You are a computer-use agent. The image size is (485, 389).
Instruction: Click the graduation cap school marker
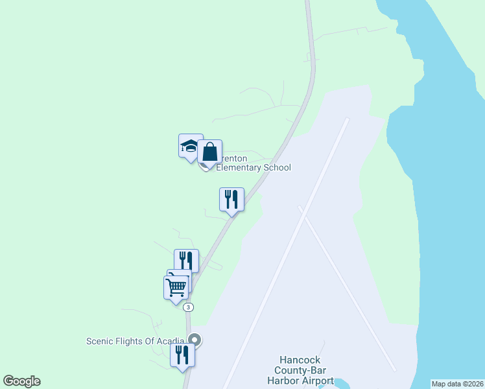[190, 147]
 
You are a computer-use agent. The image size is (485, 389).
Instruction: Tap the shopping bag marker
[210, 153]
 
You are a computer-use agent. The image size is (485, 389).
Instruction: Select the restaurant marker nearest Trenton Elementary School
[231, 199]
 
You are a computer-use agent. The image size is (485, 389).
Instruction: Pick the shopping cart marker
[176, 287]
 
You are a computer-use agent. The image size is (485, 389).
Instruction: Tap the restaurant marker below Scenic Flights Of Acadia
[182, 355]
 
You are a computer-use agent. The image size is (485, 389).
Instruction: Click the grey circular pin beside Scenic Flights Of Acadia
[195, 339]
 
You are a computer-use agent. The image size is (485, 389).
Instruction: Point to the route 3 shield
[187, 307]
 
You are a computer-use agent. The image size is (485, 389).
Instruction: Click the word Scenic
[101, 341]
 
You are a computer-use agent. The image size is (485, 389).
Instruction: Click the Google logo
[21, 381]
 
